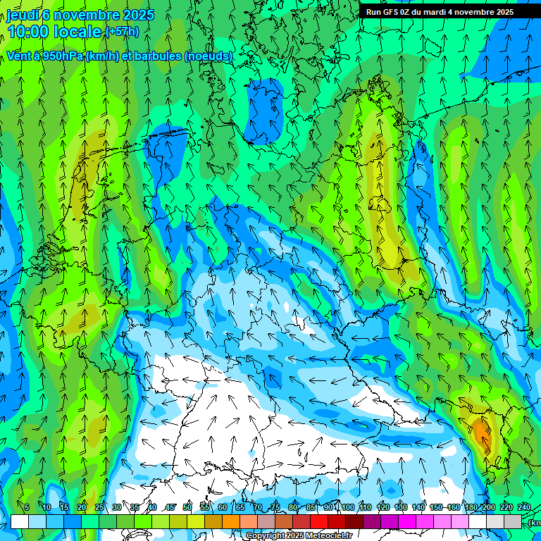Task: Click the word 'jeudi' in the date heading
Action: [x=23, y=15]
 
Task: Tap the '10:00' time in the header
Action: [x=28, y=32]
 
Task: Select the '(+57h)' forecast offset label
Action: [x=122, y=32]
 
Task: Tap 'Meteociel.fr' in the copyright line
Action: [x=329, y=535]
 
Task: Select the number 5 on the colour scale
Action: [x=27, y=507]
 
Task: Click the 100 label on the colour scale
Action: [x=348, y=507]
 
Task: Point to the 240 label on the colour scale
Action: [x=524, y=507]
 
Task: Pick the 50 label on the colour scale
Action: [x=187, y=507]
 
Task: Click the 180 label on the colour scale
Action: [x=469, y=507]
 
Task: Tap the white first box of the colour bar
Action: [x=20, y=521]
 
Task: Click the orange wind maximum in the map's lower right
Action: [x=482, y=431]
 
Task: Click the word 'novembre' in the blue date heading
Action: [x=86, y=15]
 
